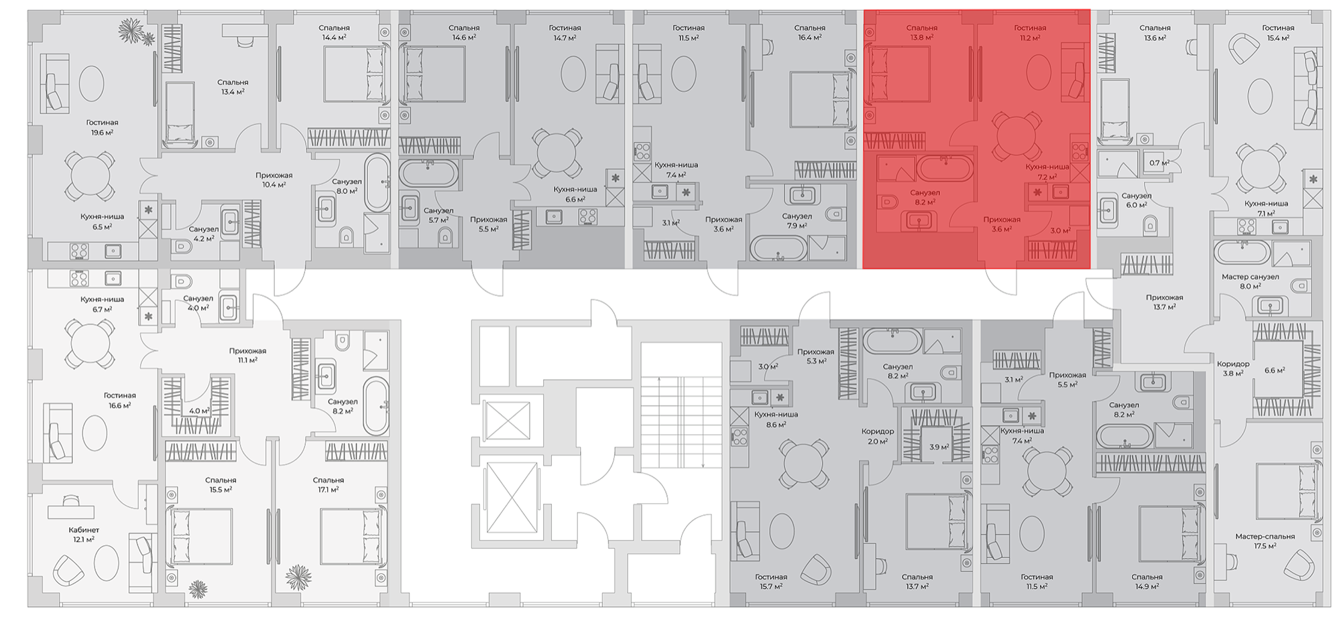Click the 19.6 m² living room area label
[x=102, y=133]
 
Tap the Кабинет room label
[x=84, y=530]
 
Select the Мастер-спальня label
[x=1265, y=537]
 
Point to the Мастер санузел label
[x=1250, y=277]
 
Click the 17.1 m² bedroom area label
[x=328, y=490]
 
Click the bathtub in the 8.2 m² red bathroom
[x=945, y=169]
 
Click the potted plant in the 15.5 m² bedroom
[x=198, y=589]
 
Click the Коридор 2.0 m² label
[x=878, y=436]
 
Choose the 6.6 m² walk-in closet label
[x=1274, y=370]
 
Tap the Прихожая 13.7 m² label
[x=1164, y=302]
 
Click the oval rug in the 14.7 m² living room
[x=573, y=73]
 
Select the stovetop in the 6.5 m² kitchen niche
[x=79, y=251]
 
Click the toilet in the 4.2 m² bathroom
[x=182, y=247]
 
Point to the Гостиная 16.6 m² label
[x=119, y=401]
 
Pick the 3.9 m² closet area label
[x=939, y=447]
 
